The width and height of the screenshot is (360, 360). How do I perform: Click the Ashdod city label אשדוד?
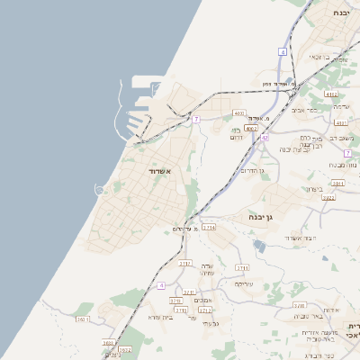click(157, 170)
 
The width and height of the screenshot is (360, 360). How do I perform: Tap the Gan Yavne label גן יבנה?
click(262, 217)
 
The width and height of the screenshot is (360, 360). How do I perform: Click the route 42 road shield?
click(265, 138)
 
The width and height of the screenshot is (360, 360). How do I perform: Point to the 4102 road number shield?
click(330, 94)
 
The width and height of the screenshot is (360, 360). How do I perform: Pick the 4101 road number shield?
click(340, 122)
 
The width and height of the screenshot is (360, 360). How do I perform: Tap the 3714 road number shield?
click(209, 228)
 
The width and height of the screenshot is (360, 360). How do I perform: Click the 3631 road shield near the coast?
click(83, 319)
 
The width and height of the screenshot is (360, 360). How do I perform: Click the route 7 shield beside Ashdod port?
click(196, 119)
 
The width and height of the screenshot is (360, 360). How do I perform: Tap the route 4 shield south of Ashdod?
click(161, 285)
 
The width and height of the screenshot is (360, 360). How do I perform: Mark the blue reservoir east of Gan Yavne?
click(259, 245)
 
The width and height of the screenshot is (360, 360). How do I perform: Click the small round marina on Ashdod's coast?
click(99, 188)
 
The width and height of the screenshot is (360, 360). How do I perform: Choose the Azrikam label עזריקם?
click(243, 283)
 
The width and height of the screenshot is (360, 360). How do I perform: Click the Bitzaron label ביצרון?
click(313, 189)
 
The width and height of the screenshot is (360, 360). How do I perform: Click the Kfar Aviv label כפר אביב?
click(307, 110)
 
